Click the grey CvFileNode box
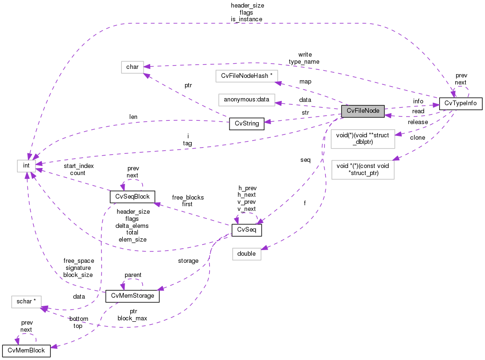coord(363,111)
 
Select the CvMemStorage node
coord(132,296)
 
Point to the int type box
coord(26,166)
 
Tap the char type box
coord(132,67)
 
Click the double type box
coord(247,254)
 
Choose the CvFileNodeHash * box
coord(247,75)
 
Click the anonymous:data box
coord(247,100)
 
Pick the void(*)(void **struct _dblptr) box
coord(362,139)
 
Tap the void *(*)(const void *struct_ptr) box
coord(363,169)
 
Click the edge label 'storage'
coord(188,260)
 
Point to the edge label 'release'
coord(418,122)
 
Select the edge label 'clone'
coord(417,138)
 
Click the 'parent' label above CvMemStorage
coord(133,275)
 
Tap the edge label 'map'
coord(305,82)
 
